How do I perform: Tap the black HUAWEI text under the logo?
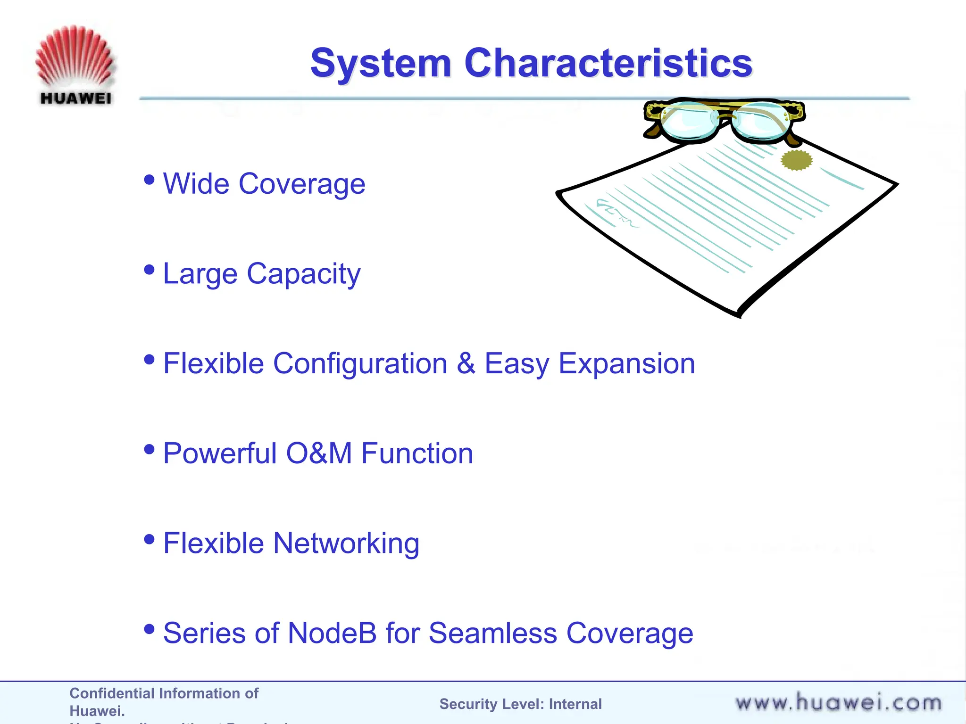75,98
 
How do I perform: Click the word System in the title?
381,63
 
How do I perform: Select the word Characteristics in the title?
608,63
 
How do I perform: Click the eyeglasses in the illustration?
724,120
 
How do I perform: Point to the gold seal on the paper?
797,160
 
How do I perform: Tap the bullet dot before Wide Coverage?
149,180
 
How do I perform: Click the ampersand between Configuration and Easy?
466,363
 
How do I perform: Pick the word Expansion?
626,363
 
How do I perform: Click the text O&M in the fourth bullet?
319,453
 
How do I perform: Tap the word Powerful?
219,453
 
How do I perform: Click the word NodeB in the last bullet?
332,633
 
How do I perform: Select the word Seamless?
492,633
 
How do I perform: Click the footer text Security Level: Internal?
520,704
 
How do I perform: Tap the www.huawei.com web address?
838,703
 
